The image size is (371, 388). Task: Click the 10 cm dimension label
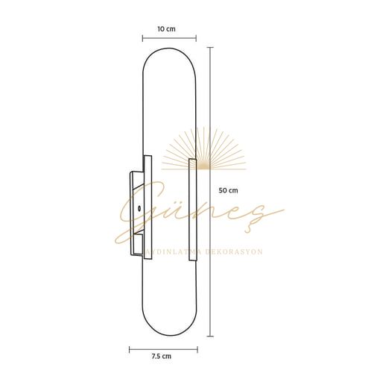tap(167, 29)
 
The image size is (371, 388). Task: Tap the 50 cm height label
tap(229, 190)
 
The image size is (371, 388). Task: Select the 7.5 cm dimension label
tap(162, 357)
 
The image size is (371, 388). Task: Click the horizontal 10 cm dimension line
tap(169, 39)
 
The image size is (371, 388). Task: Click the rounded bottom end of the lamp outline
tap(169, 332)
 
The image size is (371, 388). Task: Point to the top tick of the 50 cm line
tap(211, 47)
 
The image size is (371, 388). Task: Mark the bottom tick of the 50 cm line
tap(211, 336)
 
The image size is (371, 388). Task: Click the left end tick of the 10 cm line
tap(142, 39)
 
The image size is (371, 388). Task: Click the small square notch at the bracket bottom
tap(137, 243)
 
